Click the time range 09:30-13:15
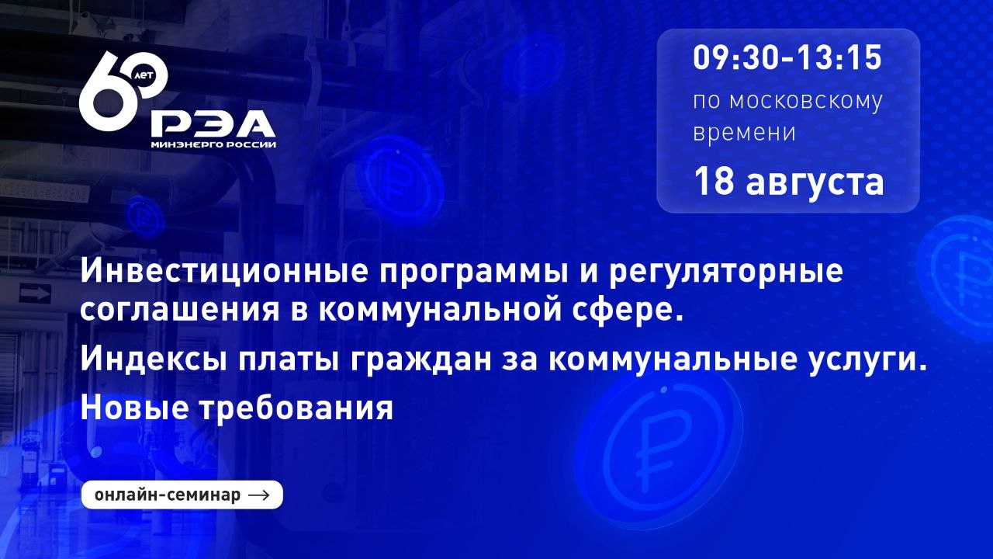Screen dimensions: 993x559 787,58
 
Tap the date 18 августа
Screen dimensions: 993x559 789,182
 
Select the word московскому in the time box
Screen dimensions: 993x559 806,102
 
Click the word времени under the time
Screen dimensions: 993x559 744,133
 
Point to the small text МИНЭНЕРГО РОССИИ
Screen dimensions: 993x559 213,144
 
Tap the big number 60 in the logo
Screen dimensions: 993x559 123,91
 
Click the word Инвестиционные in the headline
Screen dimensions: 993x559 224,271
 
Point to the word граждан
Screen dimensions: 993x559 421,360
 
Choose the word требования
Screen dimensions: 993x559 296,408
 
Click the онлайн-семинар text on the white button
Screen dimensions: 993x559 167,495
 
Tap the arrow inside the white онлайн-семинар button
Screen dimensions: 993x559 259,495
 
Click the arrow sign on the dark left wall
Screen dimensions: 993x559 35,293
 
